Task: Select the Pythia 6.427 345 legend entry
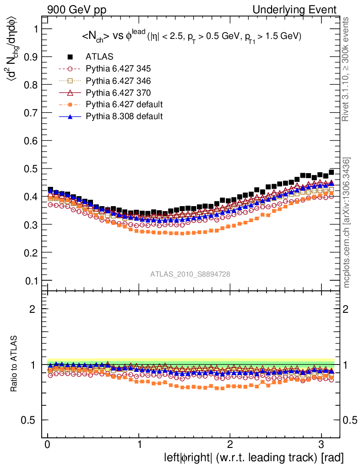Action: coord(118,69)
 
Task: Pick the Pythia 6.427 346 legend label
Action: coord(118,81)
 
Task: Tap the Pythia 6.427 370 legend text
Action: coord(118,93)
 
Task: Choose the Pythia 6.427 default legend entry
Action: coord(124,104)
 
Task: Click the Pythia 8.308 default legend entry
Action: coord(124,116)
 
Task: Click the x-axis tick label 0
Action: coord(48,445)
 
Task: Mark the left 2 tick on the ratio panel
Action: coord(33,309)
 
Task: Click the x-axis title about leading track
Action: coord(254,457)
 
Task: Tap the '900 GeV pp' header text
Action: coord(76,10)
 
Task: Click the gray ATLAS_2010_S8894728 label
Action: coord(190,274)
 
